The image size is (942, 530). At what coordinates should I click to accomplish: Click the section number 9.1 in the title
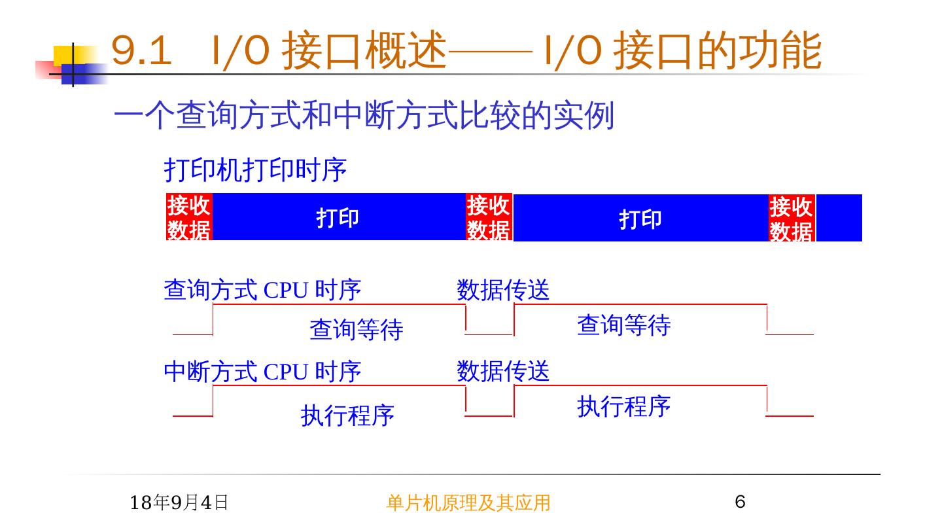pyautogui.click(x=141, y=51)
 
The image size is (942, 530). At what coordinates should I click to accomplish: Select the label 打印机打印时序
pyautogui.click(x=255, y=170)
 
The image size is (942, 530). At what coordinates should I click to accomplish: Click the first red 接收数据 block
pyautogui.click(x=189, y=217)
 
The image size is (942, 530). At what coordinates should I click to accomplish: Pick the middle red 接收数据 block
pyautogui.click(x=489, y=217)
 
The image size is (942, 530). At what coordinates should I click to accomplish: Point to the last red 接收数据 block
pyautogui.click(x=792, y=218)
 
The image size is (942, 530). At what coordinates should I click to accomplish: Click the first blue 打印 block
pyautogui.click(x=338, y=217)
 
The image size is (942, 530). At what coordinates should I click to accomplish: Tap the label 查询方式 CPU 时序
pyautogui.click(x=262, y=290)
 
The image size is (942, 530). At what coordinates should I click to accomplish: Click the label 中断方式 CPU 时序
pyautogui.click(x=262, y=372)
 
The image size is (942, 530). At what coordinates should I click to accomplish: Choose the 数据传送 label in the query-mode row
pyautogui.click(x=503, y=290)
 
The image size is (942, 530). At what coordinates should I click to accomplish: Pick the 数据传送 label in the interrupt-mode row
pyautogui.click(x=503, y=371)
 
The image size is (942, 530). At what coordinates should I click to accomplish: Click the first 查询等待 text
pyautogui.click(x=357, y=329)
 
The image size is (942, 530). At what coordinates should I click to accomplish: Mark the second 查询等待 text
pyautogui.click(x=623, y=325)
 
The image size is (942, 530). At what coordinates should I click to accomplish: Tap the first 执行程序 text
pyautogui.click(x=347, y=415)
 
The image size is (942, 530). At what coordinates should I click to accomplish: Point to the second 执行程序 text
pyautogui.click(x=623, y=406)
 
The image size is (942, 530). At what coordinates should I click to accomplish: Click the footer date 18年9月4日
pyautogui.click(x=179, y=503)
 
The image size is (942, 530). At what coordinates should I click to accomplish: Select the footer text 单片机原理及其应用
pyautogui.click(x=468, y=503)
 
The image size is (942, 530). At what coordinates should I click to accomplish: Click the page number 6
pyautogui.click(x=740, y=502)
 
